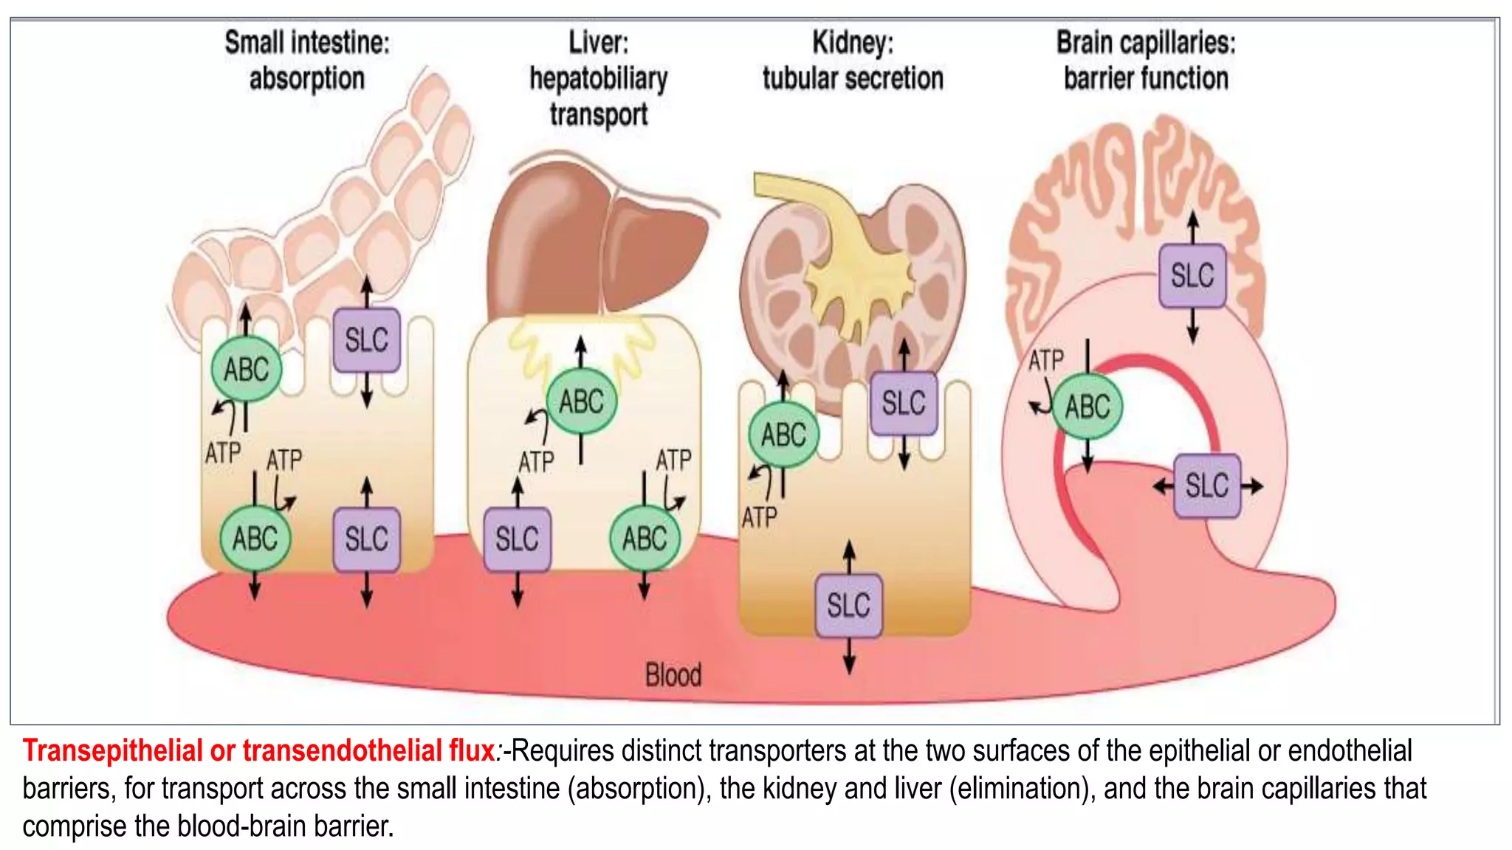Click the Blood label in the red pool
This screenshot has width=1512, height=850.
pos(673,675)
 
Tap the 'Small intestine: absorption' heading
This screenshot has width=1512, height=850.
pos(307,61)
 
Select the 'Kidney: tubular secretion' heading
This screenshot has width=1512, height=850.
pos(853,61)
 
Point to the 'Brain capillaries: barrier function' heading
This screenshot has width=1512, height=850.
pos(1146,61)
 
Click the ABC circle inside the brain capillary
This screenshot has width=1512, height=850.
pos(1087,407)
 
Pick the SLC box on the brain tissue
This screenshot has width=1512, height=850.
pos(1192,276)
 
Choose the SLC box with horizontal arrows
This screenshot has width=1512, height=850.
pos(1207,486)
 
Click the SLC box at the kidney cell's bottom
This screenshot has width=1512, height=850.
pos(848,605)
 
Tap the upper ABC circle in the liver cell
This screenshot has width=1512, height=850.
pos(581,402)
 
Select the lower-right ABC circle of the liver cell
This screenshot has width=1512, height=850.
pos(645,539)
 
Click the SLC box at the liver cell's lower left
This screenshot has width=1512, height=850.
pos(517,539)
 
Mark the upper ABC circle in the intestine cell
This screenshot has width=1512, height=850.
pos(246,370)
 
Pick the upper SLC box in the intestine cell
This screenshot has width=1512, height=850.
pos(366,340)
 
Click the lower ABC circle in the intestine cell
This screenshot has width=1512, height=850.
pos(255,539)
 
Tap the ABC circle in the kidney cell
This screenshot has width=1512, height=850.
pos(783,435)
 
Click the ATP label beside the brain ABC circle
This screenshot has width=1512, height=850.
pos(1046,361)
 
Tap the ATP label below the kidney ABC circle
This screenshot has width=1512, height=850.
pos(760,517)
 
